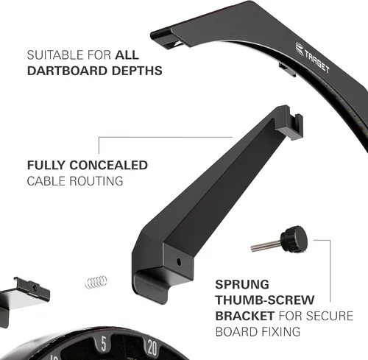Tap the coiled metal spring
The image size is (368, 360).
[x=96, y=282]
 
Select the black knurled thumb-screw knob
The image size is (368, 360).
[x=294, y=239]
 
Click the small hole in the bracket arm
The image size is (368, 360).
[x=179, y=262]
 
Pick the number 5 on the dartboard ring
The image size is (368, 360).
[x=104, y=344]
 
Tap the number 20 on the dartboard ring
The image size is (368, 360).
[x=152, y=347]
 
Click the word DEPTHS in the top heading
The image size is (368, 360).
[x=137, y=71]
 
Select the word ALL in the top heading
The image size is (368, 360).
[x=127, y=54]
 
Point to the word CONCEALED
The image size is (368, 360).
[x=108, y=165]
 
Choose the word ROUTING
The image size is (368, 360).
[x=96, y=181]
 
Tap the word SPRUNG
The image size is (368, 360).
[x=242, y=284]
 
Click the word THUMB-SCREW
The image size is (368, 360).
[x=265, y=300]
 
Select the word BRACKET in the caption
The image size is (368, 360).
[x=245, y=316]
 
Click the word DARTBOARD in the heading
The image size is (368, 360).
[x=67, y=71]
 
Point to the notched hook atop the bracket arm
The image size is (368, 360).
[x=289, y=121]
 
